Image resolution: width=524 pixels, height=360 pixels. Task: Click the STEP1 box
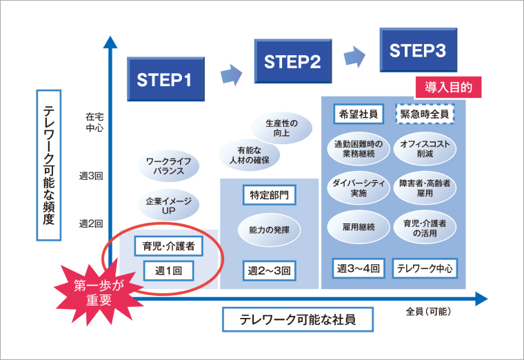165,79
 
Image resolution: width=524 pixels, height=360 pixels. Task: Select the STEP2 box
292,62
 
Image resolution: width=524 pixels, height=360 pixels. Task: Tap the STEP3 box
418,50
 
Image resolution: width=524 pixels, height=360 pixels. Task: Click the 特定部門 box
269,195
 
